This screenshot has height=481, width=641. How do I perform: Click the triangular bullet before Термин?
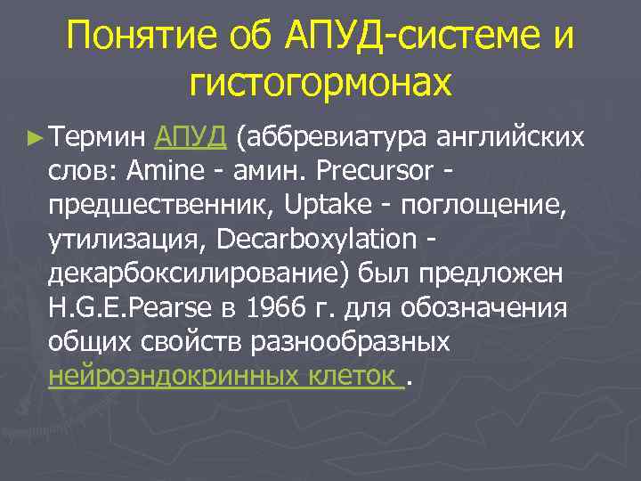click(35, 137)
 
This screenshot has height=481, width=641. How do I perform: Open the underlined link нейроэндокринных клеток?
click(223, 378)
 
